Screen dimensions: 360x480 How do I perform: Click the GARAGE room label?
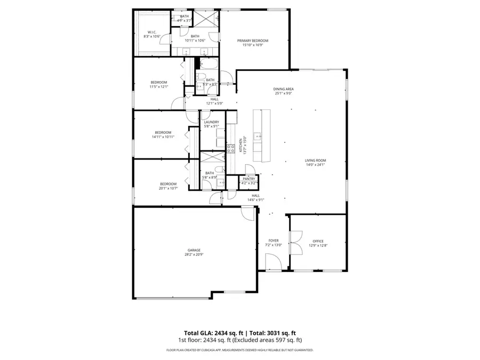click(x=194, y=250)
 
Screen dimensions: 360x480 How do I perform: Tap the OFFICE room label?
click(x=318, y=241)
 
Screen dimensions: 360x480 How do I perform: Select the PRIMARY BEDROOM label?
click(x=252, y=41)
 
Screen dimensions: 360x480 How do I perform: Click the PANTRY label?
click(x=249, y=179)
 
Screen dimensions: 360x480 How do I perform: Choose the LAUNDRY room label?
click(x=211, y=122)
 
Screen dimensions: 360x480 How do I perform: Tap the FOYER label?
click(x=273, y=241)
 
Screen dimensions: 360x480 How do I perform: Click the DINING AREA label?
click(x=284, y=89)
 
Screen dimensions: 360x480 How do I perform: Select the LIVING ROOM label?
click(x=315, y=161)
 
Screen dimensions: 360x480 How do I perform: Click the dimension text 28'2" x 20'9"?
click(x=194, y=254)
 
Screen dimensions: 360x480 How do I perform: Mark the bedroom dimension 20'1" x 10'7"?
click(x=167, y=188)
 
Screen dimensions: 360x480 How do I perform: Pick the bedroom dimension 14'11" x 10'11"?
click(x=163, y=137)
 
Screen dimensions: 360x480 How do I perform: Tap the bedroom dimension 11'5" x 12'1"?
click(x=158, y=86)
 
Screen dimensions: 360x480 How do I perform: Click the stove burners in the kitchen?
click(x=231, y=149)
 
